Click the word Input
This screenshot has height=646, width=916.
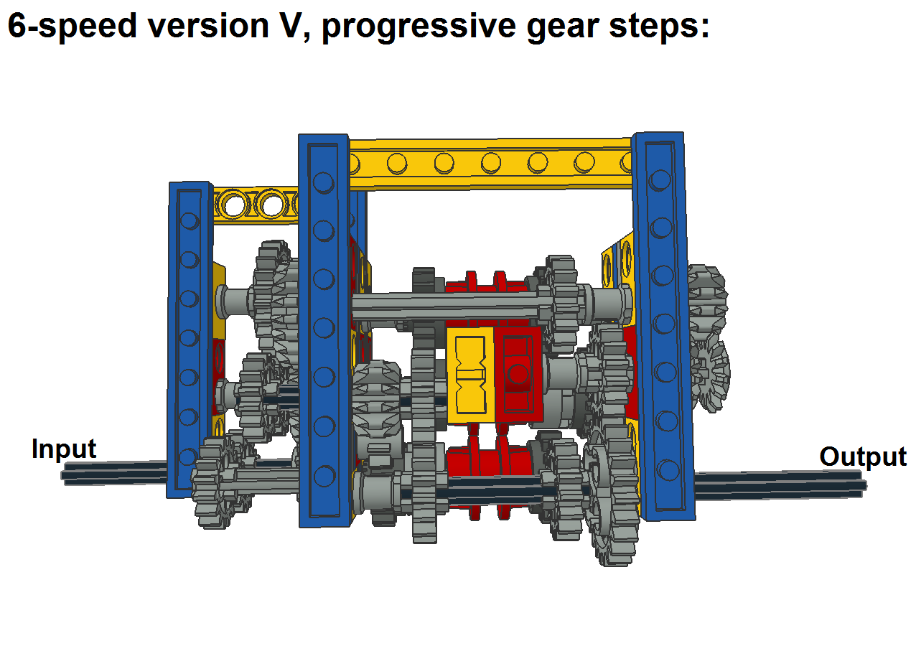(64, 449)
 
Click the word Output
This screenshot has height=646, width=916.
(863, 457)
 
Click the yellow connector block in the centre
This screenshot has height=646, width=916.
(470, 375)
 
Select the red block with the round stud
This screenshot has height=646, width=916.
(518, 375)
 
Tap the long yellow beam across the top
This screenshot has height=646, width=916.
(491, 164)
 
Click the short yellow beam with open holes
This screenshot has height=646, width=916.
(256, 205)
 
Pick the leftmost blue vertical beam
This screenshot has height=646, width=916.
(190, 340)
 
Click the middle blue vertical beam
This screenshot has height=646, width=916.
(324, 330)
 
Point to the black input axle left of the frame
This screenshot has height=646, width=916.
(116, 474)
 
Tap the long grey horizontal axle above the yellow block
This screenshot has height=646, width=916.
(450, 306)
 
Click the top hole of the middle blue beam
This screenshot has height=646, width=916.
(324, 182)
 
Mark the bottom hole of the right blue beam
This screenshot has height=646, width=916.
(668, 470)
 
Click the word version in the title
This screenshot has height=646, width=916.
(208, 26)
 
